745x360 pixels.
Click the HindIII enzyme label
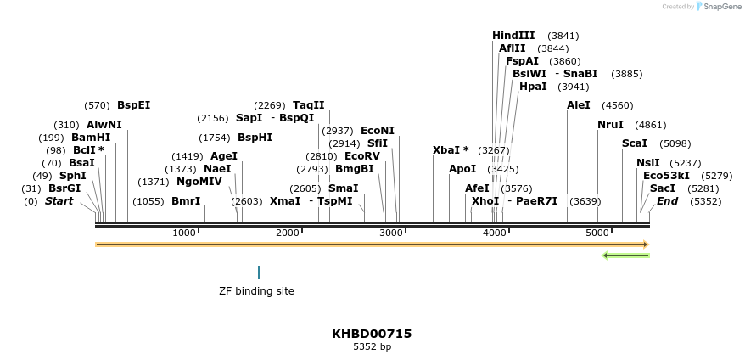pos(513,36)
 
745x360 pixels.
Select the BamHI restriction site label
pos(91,138)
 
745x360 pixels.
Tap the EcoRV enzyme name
pos(362,156)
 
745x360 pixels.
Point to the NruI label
pos(610,125)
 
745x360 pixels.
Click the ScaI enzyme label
pos(635,143)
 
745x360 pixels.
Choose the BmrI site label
pos(186,201)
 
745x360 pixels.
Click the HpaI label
pos(533,87)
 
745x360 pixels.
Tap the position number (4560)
pos(617,105)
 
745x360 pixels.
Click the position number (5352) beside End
pos(706,201)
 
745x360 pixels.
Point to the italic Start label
pos(59,201)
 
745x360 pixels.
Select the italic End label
pos(667,201)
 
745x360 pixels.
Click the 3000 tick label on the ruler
pos(391,233)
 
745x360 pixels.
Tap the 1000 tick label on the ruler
pos(184,233)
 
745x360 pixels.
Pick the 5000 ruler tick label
pos(597,233)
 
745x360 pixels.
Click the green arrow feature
pos(625,255)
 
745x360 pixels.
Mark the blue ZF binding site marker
pos(259,273)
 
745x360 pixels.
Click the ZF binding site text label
pos(256,291)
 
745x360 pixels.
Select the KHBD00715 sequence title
pos(372,334)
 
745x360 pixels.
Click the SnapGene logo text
pos(719,7)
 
